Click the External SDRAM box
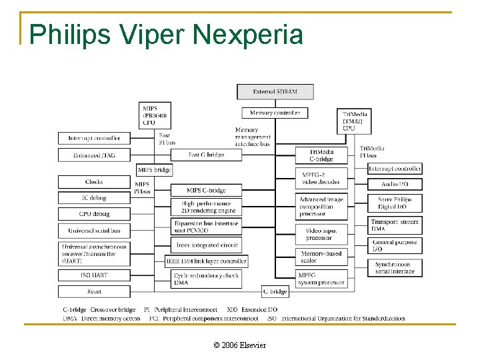pos(275,91)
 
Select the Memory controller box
pos(275,113)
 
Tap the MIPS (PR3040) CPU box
pos(155,115)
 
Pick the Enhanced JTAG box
pos(94,155)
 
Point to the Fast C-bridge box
pos(206,155)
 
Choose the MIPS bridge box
pos(154,170)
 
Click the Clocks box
pos(94,181)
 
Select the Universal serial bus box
pos(94,231)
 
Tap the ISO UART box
pos(94,275)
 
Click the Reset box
pos(94,291)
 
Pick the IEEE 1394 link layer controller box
pos(207,261)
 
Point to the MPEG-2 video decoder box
pos(321,177)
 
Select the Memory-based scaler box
pos(321,257)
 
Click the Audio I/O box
pos(395,184)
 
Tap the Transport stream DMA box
pos(395,225)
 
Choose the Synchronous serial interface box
pos(395,267)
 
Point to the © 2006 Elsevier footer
pos(239,345)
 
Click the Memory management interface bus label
pos(252,137)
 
